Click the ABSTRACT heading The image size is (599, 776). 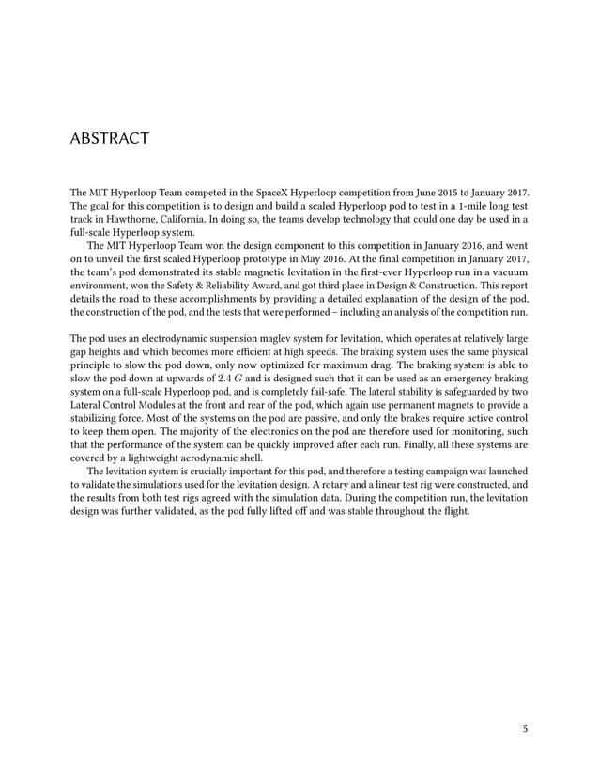pos(110,139)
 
